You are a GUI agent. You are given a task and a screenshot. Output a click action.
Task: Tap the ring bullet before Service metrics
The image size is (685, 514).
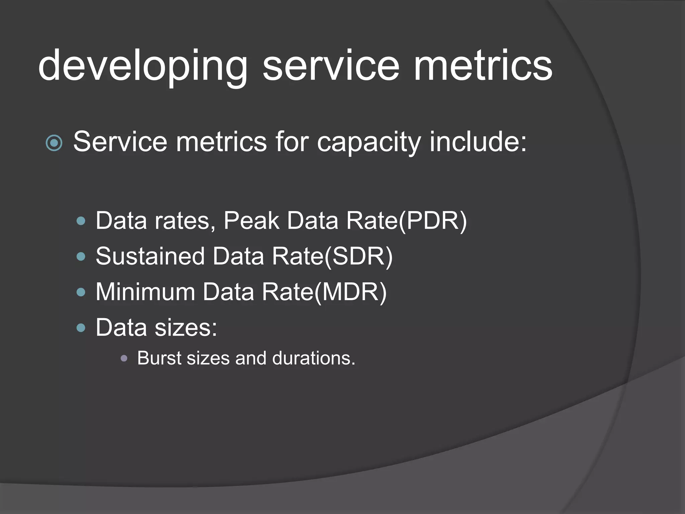[54, 143]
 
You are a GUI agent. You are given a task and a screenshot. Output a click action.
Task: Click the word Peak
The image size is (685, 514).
[251, 221]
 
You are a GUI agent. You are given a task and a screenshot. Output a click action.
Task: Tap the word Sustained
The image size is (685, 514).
[150, 256]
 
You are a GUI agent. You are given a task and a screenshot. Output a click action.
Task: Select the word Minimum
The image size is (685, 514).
[145, 292]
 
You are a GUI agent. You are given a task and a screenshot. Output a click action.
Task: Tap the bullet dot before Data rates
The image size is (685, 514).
[81, 221]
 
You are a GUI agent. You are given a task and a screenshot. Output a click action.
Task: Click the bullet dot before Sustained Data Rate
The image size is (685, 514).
[81, 257]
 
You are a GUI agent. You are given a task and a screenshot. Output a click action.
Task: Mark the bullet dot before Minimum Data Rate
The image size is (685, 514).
[81, 292]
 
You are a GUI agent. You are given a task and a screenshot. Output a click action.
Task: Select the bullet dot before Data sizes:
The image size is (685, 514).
[81, 328]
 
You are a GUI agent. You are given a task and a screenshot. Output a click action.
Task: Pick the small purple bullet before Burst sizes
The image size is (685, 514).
[124, 359]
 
